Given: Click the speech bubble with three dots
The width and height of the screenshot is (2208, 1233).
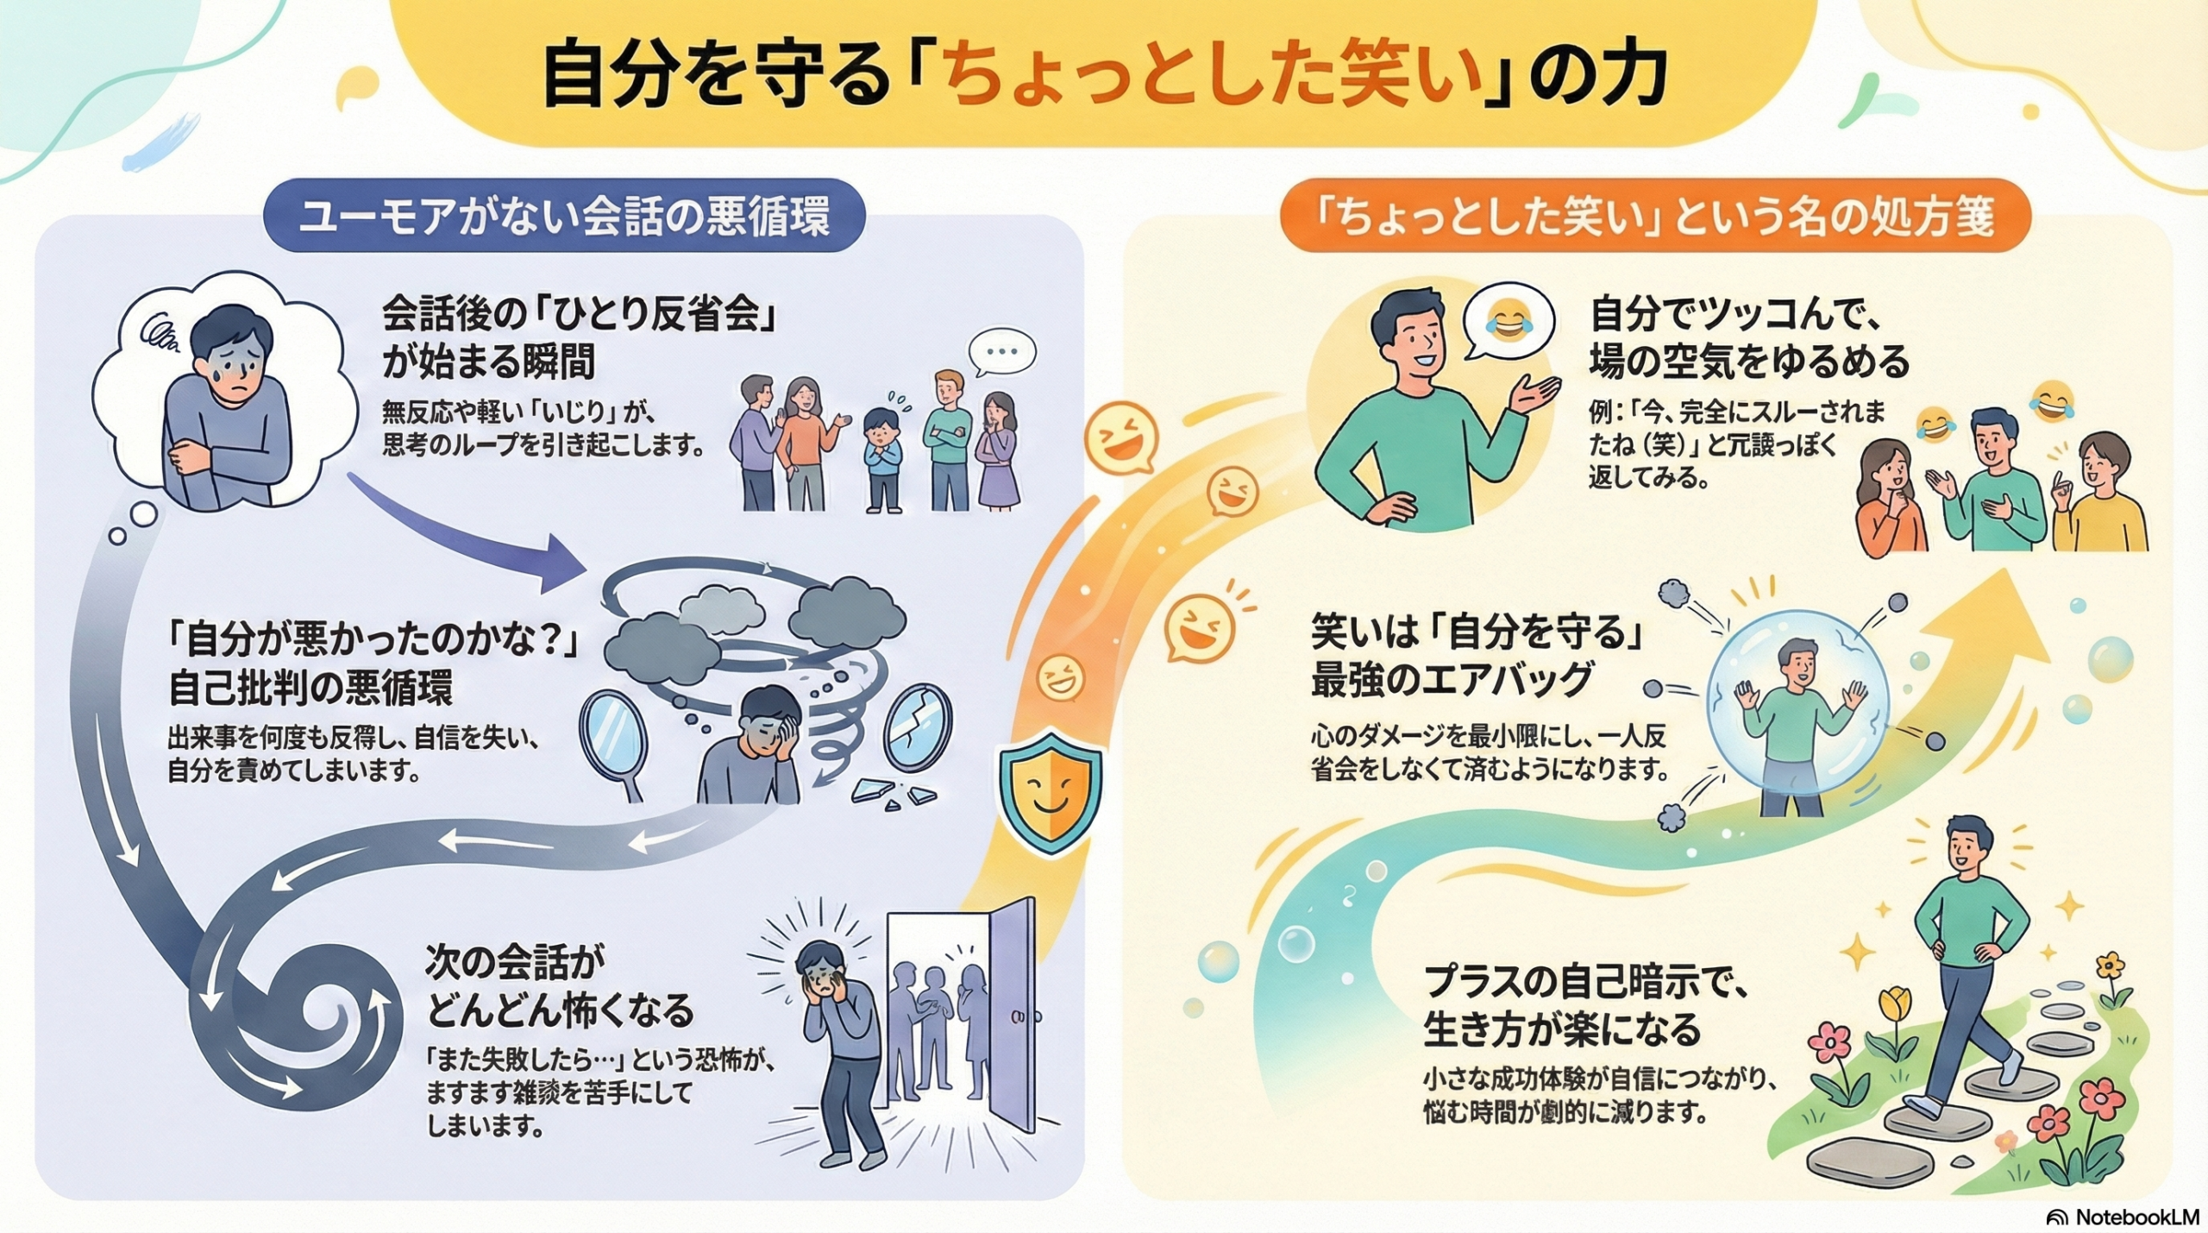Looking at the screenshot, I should click(1001, 352).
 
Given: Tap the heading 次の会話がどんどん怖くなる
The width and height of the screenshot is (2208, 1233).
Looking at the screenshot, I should click(559, 985).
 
